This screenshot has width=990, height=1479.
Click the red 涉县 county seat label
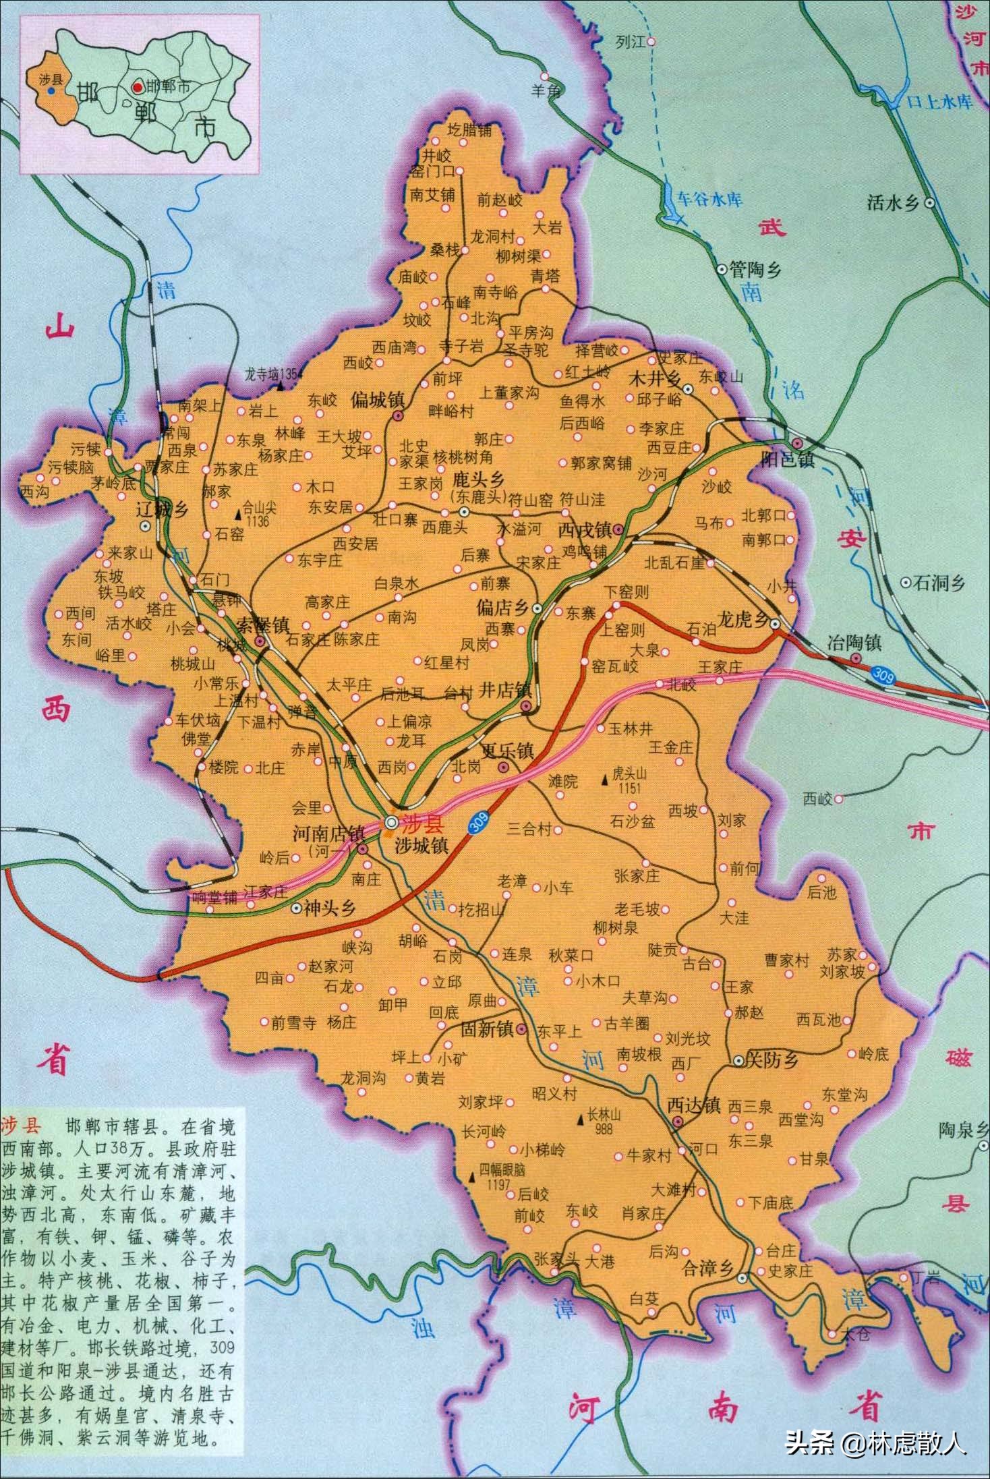(x=422, y=823)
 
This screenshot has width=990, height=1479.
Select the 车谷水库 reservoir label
(x=709, y=200)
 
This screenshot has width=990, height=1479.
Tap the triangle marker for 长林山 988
(x=579, y=1121)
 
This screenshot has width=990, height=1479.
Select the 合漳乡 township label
(x=707, y=1269)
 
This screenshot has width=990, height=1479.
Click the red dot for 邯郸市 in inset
(x=137, y=87)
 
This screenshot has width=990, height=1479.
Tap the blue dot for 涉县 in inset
(x=51, y=90)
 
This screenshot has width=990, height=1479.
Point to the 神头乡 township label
(x=329, y=909)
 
